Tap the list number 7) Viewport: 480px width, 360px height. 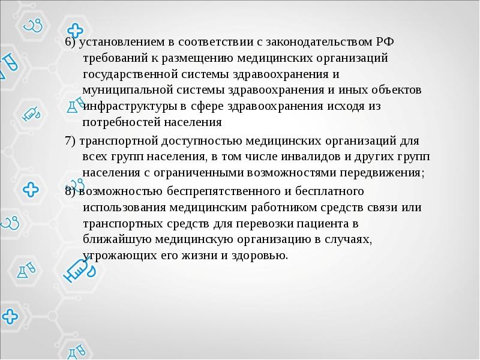click(70, 142)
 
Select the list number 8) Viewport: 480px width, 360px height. click(70, 191)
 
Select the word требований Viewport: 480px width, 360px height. click(112, 58)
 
